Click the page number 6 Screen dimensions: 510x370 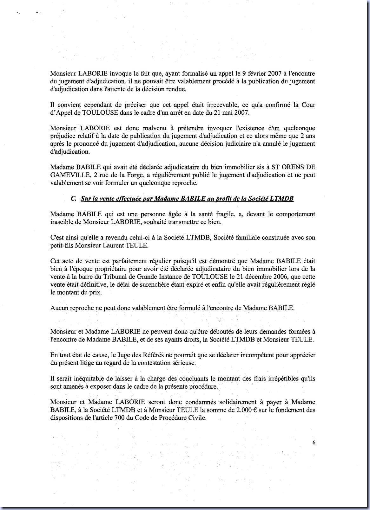pyautogui.click(x=314, y=443)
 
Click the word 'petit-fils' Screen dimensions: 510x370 pyautogui.click(x=62, y=245)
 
